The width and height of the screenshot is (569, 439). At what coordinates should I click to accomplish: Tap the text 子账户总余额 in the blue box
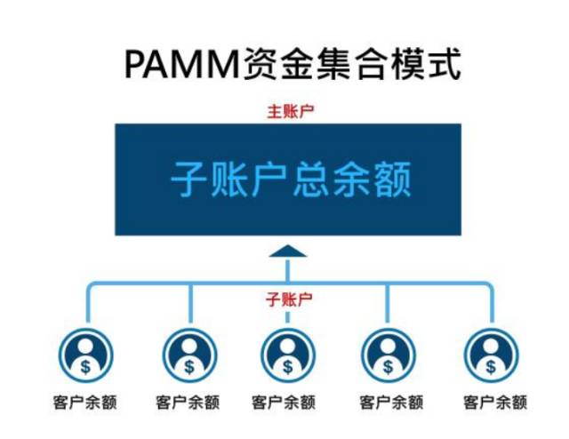[290, 180]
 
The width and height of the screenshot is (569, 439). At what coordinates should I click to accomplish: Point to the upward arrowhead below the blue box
[288, 251]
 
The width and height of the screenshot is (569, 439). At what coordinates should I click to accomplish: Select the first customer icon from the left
[85, 355]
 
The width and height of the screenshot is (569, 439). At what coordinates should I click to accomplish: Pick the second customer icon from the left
[189, 355]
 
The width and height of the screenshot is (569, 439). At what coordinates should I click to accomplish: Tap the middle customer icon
[288, 355]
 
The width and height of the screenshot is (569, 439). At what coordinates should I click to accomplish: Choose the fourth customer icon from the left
[388, 355]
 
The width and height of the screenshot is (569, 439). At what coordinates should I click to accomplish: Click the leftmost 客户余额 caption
[85, 402]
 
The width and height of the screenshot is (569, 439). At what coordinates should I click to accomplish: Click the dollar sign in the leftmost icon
[85, 364]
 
